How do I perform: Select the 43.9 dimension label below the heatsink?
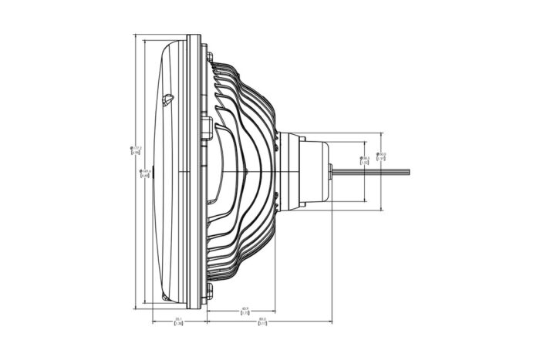coord(245,311)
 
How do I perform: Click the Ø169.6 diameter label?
coord(144,173)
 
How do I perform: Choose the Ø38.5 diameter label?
coord(365,160)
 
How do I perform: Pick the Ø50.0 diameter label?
coord(381,156)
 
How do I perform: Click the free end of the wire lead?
coord(409,171)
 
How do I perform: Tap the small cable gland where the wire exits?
coord(331,171)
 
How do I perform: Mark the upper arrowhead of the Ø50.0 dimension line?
coord(381,133)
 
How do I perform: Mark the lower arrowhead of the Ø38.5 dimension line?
coord(364,200)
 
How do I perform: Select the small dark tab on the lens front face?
coord(154,171)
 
